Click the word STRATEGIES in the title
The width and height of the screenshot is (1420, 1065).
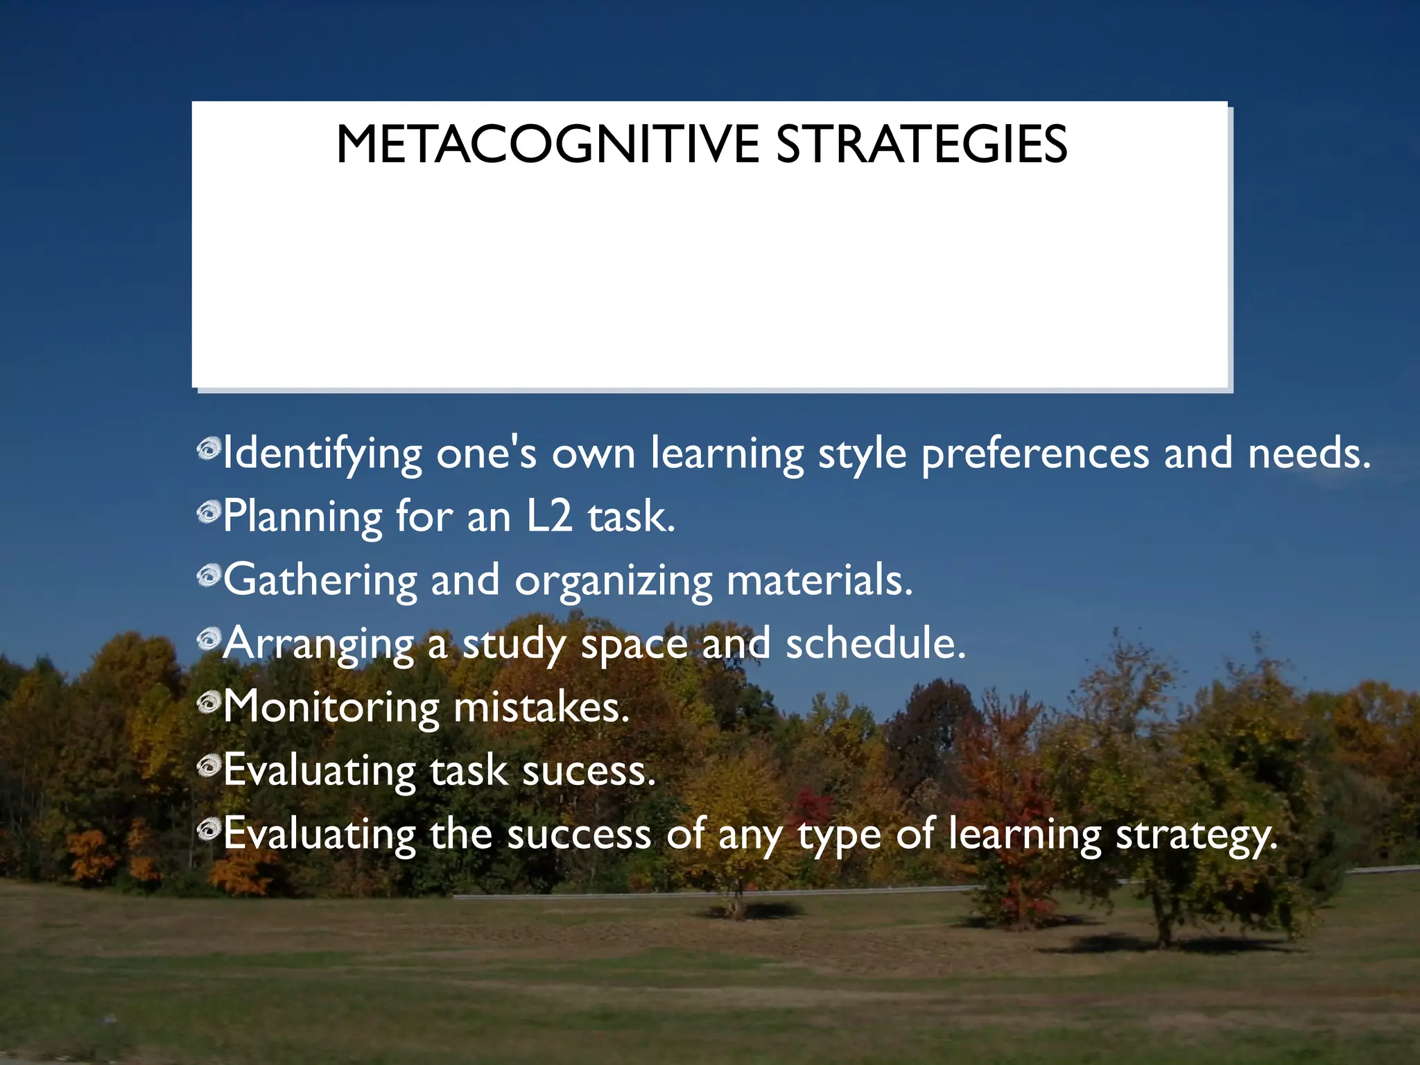click(921, 145)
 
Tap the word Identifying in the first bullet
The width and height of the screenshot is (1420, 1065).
click(322, 455)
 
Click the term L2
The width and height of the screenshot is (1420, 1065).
click(550, 517)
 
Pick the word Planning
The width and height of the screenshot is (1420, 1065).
click(302, 518)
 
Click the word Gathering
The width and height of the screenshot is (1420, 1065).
click(320, 581)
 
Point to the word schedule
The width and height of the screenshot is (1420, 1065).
click(875, 643)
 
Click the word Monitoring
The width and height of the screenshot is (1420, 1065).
click(331, 708)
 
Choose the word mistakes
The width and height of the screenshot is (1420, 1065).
click(541, 707)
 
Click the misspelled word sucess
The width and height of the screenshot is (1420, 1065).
click(589, 771)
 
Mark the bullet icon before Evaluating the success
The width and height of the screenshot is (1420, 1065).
click(209, 829)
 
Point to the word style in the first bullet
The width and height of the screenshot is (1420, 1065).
click(862, 455)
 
